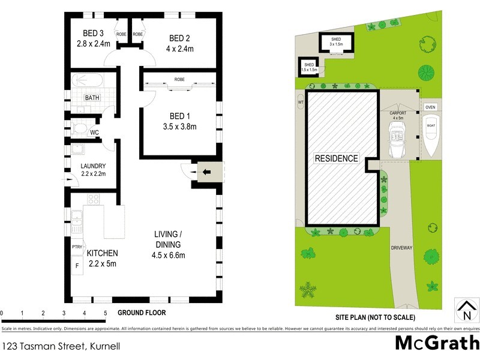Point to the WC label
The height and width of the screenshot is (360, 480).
[x=94, y=133]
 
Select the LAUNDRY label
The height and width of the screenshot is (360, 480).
[x=93, y=166]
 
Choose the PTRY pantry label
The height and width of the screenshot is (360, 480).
[x=77, y=247]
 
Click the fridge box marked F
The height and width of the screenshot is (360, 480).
[x=77, y=264]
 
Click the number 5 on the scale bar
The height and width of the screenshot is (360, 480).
[x=105, y=313]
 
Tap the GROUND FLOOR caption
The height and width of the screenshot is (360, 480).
[x=142, y=313]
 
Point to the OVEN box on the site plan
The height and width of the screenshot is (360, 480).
[x=430, y=107]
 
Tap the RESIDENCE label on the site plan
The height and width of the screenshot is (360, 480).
[x=336, y=159]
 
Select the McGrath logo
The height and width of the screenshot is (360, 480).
[x=436, y=343]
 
